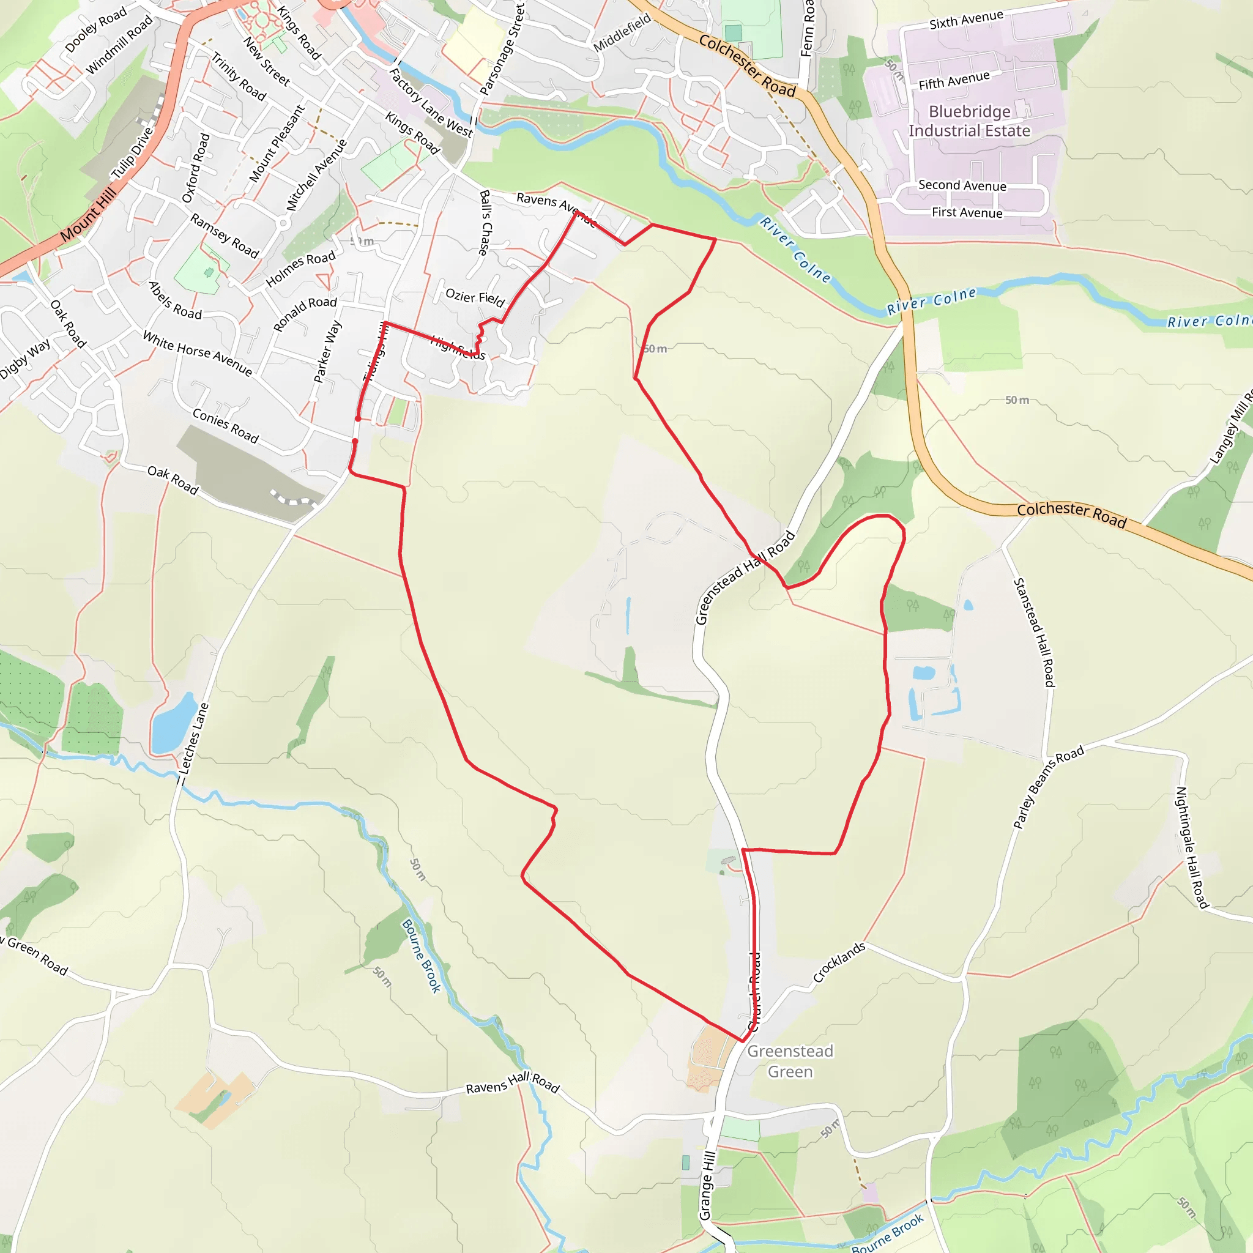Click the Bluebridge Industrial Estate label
coord(969,121)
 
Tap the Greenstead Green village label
coord(790,1061)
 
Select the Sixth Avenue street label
coord(965,20)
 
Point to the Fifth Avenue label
coord(954,80)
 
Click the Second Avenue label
coord(962,185)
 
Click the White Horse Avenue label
coord(197,353)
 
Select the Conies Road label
coord(225,425)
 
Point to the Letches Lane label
coord(194,738)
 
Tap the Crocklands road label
coord(839,962)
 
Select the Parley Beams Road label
coord(1048,787)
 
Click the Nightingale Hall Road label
coord(1191,847)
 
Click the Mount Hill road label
coord(89,213)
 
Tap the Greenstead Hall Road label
coord(745,577)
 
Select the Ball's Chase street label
coord(485,223)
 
